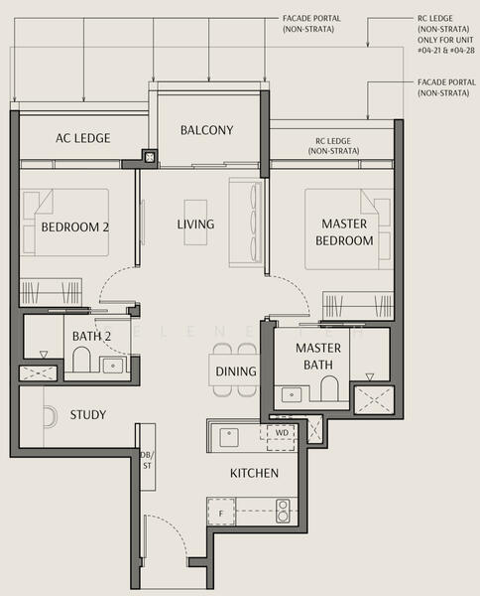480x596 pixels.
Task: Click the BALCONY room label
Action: (x=207, y=130)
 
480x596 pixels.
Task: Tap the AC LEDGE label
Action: (x=83, y=138)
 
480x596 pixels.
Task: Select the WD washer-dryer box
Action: (x=282, y=437)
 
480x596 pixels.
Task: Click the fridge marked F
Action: (x=221, y=513)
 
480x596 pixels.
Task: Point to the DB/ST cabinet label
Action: (x=147, y=460)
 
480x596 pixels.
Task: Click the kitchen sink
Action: (x=229, y=437)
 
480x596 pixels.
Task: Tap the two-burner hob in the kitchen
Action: (x=283, y=511)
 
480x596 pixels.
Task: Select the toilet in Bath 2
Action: (x=81, y=360)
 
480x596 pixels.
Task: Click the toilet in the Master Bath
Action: (x=329, y=388)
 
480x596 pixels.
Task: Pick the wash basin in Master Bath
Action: (x=292, y=394)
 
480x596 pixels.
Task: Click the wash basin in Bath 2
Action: (x=113, y=366)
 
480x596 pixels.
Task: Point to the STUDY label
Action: (x=88, y=414)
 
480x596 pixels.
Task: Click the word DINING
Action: (x=236, y=372)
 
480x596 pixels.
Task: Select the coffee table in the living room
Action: (x=195, y=223)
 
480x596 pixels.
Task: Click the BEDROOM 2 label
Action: (x=75, y=227)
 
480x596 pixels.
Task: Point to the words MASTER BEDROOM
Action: (x=344, y=231)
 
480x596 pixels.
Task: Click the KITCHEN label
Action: (x=254, y=473)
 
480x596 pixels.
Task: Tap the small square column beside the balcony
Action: (x=151, y=157)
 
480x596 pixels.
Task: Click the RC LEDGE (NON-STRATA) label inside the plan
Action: (x=333, y=146)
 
